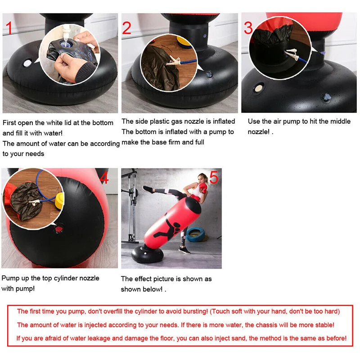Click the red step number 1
(9, 28)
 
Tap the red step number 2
(127, 28)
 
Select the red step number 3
(248, 28)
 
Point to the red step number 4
(104, 177)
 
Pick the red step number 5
(214, 177)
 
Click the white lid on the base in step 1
(27, 63)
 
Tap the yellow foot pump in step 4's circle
(59, 201)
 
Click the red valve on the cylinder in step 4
(59, 229)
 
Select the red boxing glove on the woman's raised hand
(203, 188)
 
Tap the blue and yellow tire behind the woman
(196, 234)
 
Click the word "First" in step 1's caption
(9, 123)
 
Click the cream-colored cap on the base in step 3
(258, 88)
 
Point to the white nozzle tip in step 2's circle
(173, 61)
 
